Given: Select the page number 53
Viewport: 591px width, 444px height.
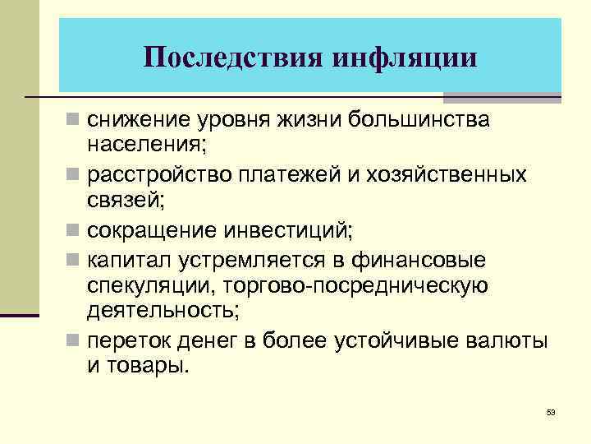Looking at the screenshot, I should click(550, 411).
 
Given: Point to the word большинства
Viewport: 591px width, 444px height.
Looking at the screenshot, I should click(420, 121).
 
